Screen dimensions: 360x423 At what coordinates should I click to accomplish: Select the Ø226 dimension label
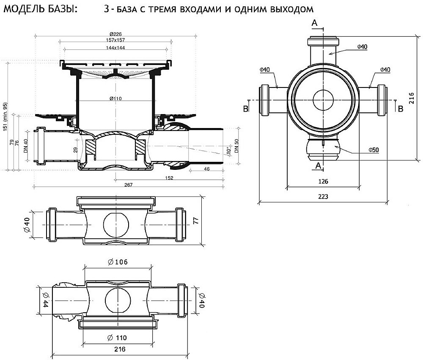point(115,34)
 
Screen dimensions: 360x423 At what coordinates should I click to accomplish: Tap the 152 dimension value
point(168,178)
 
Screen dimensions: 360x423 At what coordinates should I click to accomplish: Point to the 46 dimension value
point(206,169)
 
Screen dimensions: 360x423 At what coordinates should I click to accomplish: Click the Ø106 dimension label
point(118,262)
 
